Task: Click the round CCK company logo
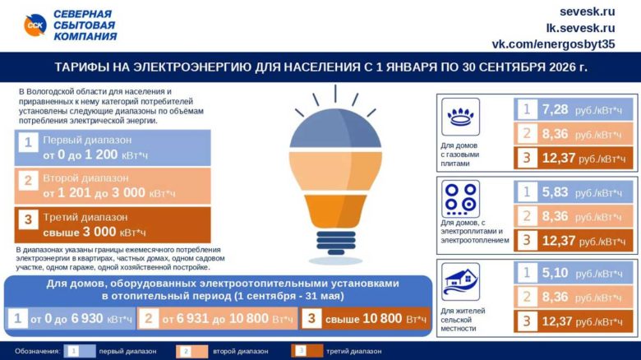point(34,25)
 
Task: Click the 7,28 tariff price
point(555,110)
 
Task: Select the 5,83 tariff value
point(555,193)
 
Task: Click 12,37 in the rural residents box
point(558,322)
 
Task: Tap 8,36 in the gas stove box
point(555,134)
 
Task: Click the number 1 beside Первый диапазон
point(27,143)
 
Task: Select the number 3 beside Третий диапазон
point(27,219)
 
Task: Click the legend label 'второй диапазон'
point(240,351)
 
